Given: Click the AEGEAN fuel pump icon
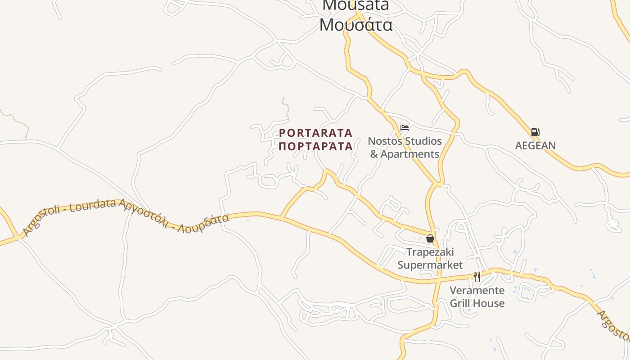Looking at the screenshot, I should (535, 132).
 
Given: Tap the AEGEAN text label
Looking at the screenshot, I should (535, 145).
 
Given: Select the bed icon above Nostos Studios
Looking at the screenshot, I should (405, 127).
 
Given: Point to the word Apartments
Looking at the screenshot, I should (410, 154).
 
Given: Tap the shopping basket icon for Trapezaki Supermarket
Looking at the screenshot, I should (430, 238).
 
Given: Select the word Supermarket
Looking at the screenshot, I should (430, 265).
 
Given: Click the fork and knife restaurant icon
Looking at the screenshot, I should (477, 277).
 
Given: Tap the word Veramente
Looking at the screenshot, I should (477, 290).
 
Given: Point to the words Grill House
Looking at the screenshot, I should (477, 303).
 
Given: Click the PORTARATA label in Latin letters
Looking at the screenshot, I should (316, 133).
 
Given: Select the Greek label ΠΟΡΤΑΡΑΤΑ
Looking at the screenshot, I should (316, 146).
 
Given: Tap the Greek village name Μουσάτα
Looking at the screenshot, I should (355, 25).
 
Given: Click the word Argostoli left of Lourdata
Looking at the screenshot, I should (43, 220).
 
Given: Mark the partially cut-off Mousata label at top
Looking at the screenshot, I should (355, 5).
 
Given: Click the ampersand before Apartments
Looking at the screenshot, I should (374, 154).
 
